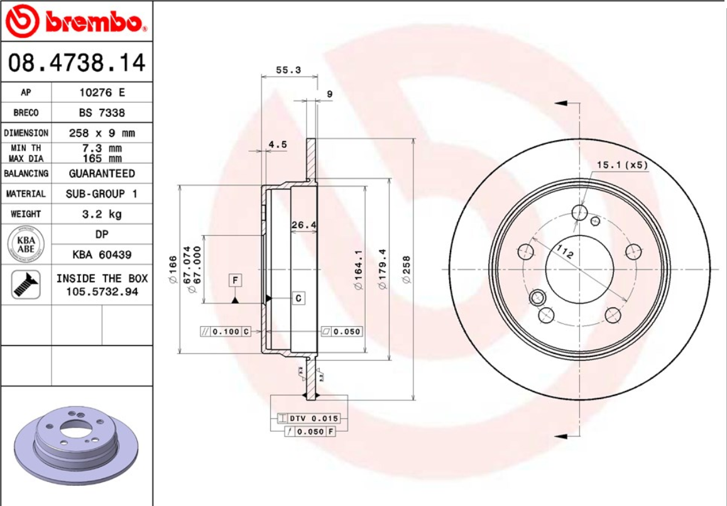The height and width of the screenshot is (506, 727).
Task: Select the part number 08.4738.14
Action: click(76, 63)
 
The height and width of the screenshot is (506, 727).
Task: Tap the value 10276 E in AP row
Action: click(101, 92)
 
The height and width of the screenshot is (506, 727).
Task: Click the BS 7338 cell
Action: click(101, 113)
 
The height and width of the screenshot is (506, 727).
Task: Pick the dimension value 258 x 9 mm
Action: click(101, 133)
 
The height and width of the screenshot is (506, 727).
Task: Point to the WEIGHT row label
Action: click(25, 214)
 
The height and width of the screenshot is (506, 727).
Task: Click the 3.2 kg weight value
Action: click(101, 214)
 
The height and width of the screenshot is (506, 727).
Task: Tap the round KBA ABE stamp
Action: click(25, 245)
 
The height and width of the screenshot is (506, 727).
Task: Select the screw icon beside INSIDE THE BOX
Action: click(25, 285)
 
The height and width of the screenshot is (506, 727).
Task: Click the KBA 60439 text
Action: click(101, 255)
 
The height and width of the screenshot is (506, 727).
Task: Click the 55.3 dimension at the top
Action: click(288, 70)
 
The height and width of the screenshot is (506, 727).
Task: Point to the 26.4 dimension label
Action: click(303, 224)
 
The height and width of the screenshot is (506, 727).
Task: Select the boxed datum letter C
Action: click(298, 298)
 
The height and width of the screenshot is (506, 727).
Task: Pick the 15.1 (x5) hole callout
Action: click(621, 165)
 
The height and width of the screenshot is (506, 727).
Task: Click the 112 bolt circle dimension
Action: click(564, 253)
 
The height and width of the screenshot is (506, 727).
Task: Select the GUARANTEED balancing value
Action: click(101, 173)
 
